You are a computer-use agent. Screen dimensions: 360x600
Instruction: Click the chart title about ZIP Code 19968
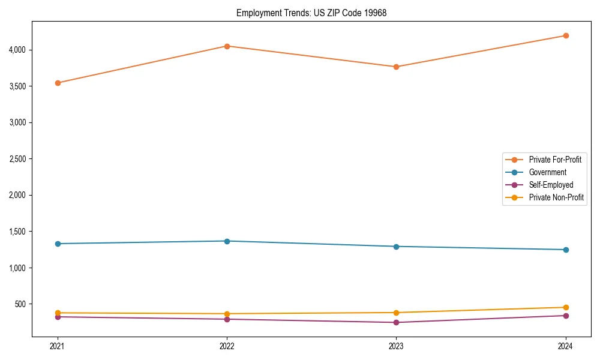tap(311, 13)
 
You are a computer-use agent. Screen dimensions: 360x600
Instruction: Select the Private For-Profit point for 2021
tap(58, 83)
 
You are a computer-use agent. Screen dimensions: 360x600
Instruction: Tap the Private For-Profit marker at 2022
tap(227, 46)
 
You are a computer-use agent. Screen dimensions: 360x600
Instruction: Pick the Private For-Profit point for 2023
tap(396, 67)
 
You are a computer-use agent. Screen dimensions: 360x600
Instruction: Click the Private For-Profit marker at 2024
tap(566, 35)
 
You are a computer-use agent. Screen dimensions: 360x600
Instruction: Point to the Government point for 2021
tap(58, 244)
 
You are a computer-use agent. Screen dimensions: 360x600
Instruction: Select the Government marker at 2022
tap(227, 241)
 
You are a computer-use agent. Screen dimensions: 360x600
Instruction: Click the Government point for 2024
tap(566, 250)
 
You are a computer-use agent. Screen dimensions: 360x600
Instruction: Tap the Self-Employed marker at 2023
tap(396, 323)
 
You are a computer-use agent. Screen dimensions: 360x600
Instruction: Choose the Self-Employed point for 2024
tap(566, 316)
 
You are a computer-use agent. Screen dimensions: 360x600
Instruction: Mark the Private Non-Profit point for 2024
tap(566, 307)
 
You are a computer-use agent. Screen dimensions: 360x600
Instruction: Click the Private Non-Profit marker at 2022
tap(227, 314)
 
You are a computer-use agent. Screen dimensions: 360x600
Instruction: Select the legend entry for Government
tap(547, 172)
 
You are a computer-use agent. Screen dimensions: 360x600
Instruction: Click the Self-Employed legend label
tap(551, 185)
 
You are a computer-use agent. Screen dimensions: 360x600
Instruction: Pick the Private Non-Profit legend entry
tap(556, 197)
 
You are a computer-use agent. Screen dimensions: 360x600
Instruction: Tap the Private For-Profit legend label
tap(555, 160)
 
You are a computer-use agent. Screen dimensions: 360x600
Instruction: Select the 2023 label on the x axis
tap(396, 346)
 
